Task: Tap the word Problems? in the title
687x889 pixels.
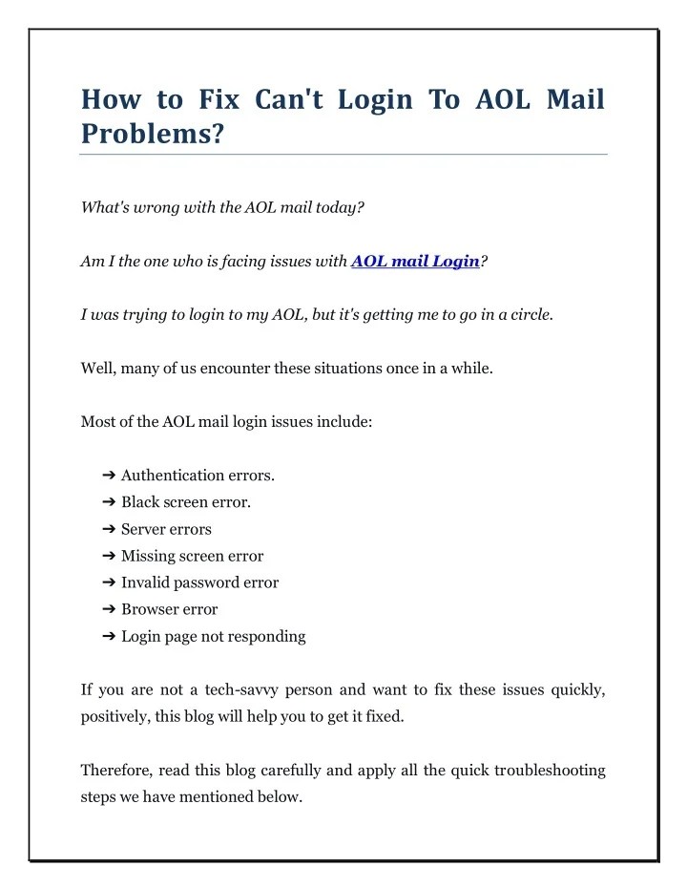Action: pyautogui.click(x=153, y=134)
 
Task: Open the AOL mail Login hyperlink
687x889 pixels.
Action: pyautogui.click(x=415, y=262)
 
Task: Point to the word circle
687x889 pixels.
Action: pyautogui.click(x=527, y=315)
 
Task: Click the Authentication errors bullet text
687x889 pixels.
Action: pyautogui.click(x=198, y=476)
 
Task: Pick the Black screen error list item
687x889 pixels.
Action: pyautogui.click(x=186, y=502)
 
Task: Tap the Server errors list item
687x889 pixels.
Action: pyautogui.click(x=166, y=529)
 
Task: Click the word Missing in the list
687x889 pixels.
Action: pyautogui.click(x=148, y=556)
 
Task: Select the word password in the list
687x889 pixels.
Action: pyautogui.click(x=210, y=582)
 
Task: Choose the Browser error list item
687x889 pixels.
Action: pyautogui.click(x=169, y=609)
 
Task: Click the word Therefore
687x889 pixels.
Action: pyautogui.click(x=115, y=770)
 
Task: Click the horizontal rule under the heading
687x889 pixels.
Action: pyautogui.click(x=343, y=154)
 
